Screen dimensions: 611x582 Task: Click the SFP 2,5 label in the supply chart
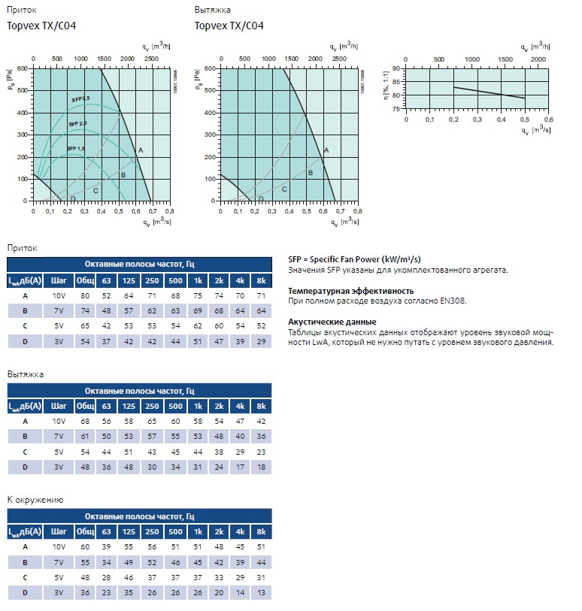(x=81, y=98)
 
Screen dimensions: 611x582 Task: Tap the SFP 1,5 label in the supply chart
(x=76, y=149)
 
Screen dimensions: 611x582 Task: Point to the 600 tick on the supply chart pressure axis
(x=22, y=68)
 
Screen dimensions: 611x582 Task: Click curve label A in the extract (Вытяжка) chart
(x=326, y=151)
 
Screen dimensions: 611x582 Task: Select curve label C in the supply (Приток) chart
(x=95, y=190)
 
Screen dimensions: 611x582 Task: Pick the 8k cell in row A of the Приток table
(x=262, y=296)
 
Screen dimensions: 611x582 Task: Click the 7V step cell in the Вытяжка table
(x=59, y=436)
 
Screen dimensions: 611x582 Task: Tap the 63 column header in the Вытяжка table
(x=108, y=407)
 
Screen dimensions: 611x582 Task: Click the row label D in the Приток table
(x=26, y=341)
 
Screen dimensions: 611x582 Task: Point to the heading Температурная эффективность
(x=351, y=290)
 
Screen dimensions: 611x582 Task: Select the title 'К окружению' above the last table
(x=35, y=500)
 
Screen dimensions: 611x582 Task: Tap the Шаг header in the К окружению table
(x=59, y=532)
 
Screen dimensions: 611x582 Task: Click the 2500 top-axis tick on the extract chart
(x=338, y=58)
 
